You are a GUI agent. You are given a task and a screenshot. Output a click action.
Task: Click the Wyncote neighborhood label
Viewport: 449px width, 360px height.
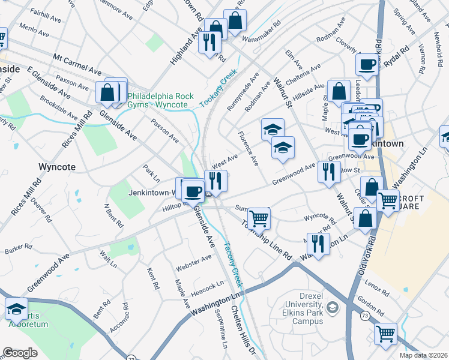(x=56, y=166)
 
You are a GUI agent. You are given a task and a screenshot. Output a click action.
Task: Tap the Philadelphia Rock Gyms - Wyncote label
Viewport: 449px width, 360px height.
(x=157, y=100)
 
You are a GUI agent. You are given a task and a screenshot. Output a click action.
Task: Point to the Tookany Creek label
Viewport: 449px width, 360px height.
(x=218, y=88)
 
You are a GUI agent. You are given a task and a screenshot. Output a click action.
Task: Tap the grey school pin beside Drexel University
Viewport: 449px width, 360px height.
(x=334, y=308)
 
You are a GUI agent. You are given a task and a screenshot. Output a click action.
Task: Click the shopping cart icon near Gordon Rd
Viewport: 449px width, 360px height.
(x=385, y=333)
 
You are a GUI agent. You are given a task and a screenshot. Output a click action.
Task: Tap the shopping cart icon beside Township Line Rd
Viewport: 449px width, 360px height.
(x=259, y=218)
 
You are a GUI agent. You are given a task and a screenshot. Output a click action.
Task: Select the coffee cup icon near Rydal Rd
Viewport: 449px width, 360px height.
(x=366, y=64)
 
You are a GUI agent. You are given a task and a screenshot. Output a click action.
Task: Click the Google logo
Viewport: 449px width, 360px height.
(x=20, y=353)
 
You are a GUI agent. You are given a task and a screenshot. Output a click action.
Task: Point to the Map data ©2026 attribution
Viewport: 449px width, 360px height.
(x=423, y=355)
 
